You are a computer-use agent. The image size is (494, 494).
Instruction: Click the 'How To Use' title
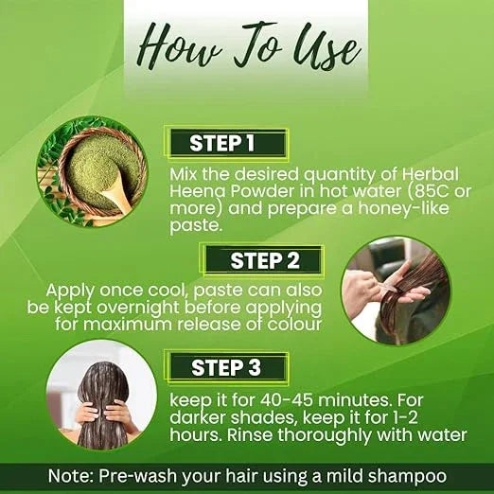(250, 47)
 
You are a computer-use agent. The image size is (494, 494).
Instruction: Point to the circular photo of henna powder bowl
(92, 172)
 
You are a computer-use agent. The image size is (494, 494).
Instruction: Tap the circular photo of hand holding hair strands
(396, 291)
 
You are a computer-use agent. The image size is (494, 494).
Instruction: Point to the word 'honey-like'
(403, 208)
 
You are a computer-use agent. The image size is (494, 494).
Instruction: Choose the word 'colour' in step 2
(294, 325)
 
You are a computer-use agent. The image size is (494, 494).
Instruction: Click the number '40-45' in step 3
(287, 400)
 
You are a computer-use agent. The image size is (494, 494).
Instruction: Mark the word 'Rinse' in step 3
(250, 434)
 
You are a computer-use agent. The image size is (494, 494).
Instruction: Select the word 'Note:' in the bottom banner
(71, 476)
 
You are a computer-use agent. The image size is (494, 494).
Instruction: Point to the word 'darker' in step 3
(198, 417)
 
